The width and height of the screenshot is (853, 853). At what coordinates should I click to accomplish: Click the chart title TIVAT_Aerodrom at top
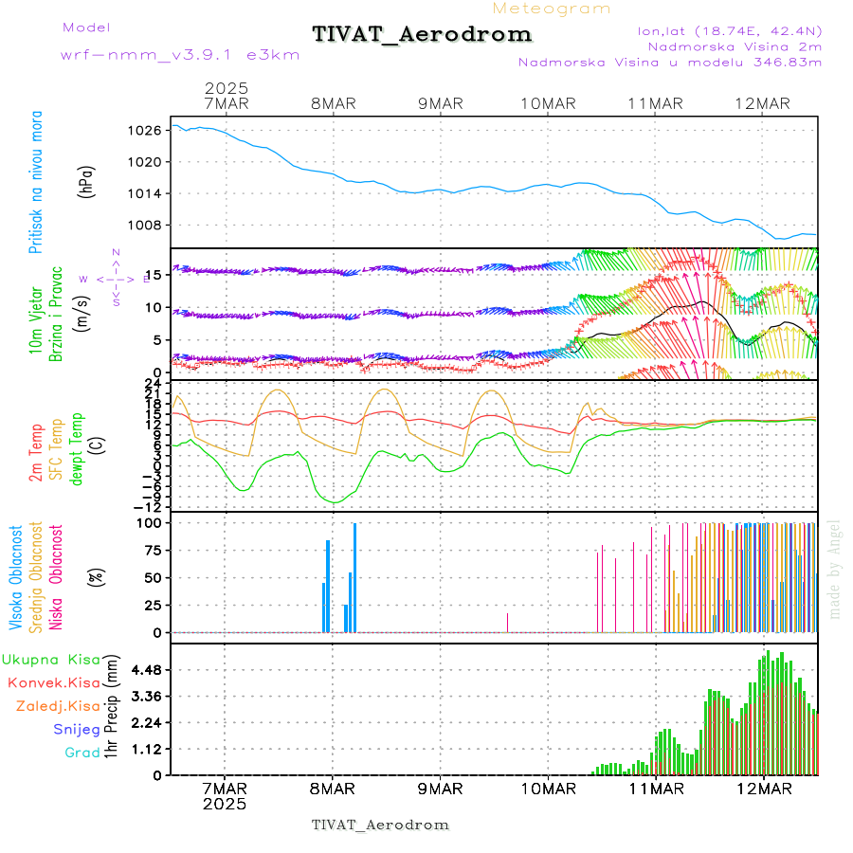coord(422,35)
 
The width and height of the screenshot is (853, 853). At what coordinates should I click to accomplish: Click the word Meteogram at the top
coord(552,9)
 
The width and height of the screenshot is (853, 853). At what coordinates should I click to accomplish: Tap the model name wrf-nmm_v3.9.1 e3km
coord(180,55)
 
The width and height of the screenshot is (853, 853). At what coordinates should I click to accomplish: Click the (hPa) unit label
coord(88,181)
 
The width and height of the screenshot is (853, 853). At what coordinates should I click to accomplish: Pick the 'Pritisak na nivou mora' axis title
coord(35,181)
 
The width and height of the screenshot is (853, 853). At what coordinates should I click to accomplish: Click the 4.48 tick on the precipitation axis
coord(145,670)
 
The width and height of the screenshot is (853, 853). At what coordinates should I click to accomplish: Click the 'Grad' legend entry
coord(82,753)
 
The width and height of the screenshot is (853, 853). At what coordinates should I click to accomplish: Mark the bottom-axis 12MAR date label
coord(764,789)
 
